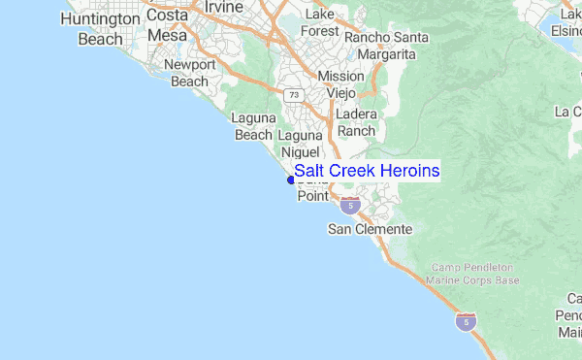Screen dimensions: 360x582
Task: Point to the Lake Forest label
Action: coord(319,23)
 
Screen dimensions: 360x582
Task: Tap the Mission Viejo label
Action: coord(341,84)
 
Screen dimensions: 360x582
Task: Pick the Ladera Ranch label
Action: coord(356,122)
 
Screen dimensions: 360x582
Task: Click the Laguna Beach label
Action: coord(253,126)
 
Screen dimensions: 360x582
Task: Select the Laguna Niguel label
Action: coord(302,144)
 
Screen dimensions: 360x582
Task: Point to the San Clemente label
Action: coord(370,230)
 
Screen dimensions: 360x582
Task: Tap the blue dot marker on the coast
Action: coord(291,180)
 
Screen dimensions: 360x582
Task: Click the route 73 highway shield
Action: coord(293,95)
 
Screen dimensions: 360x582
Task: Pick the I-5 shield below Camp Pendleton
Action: coord(467,321)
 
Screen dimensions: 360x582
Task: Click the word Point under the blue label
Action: coord(312,196)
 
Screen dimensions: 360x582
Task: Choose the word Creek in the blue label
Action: coord(352,171)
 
